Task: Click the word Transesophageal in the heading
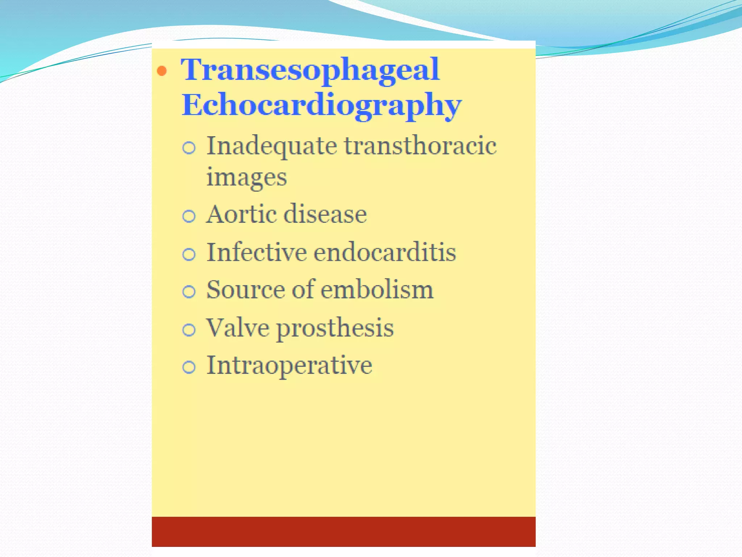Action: click(x=310, y=70)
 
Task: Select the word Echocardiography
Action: click(x=321, y=105)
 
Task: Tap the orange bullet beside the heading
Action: click(x=162, y=71)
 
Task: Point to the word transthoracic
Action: click(x=420, y=146)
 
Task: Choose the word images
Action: click(x=247, y=178)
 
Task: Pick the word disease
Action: click(x=325, y=214)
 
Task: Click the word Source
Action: click(x=246, y=290)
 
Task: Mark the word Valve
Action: click(x=238, y=328)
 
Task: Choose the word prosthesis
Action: click(x=335, y=329)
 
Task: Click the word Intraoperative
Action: click(x=289, y=366)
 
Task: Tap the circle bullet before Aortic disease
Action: click(x=189, y=216)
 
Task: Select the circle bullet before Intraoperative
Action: click(x=189, y=367)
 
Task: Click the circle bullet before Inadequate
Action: click(x=189, y=148)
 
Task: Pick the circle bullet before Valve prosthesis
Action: click(x=189, y=330)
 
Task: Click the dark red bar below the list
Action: click(x=343, y=532)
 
